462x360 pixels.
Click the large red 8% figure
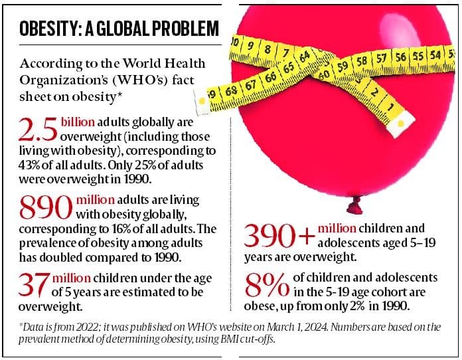point(266,286)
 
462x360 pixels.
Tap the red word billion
point(77,123)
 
